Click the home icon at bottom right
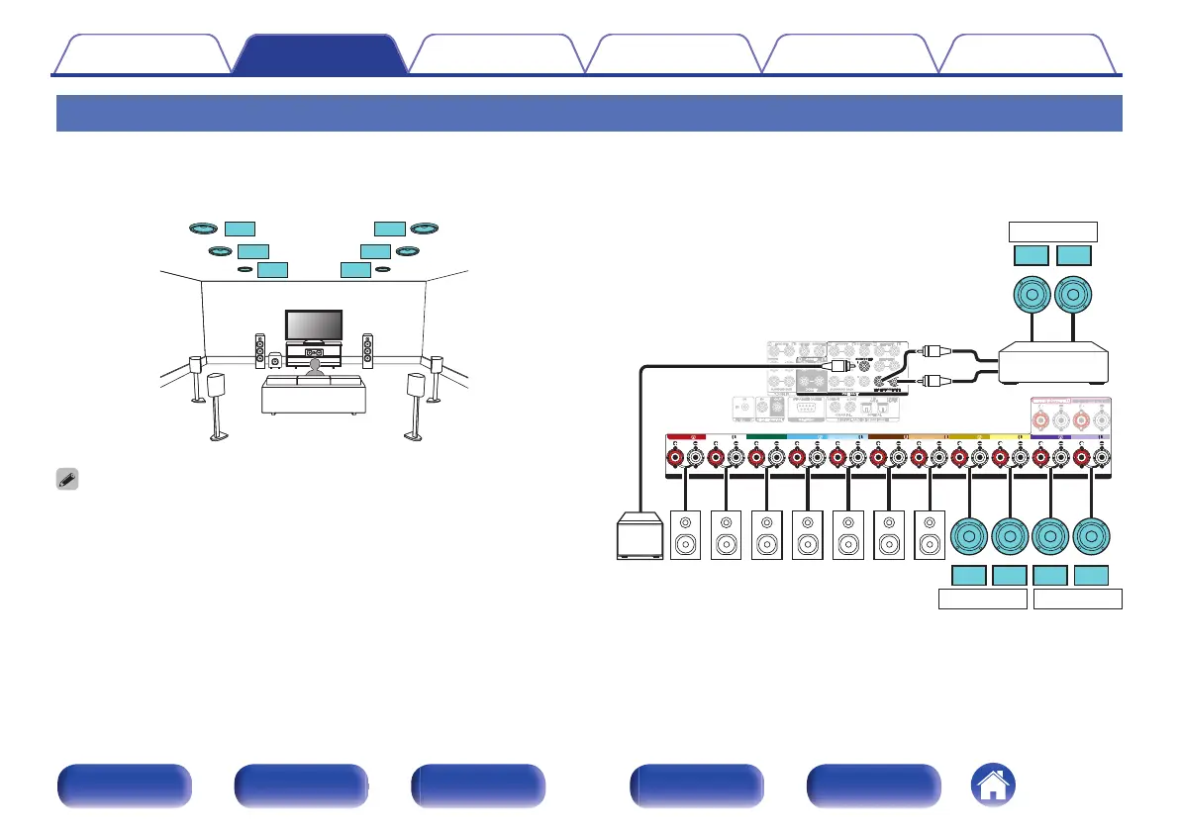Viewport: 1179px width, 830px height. [x=993, y=786]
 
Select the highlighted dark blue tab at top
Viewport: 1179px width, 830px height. [x=319, y=54]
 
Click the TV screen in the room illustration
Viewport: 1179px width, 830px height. [x=314, y=324]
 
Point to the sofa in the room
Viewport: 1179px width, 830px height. [x=313, y=394]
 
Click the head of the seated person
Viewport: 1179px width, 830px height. [x=314, y=366]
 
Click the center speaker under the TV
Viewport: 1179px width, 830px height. [x=314, y=352]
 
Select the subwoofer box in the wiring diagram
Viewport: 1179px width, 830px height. [x=640, y=535]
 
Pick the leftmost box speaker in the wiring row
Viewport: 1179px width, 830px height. [x=687, y=535]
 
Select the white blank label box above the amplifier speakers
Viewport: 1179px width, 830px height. [x=1053, y=232]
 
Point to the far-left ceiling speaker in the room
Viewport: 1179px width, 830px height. [x=204, y=229]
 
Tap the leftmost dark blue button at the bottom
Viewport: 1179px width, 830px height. [x=124, y=786]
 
